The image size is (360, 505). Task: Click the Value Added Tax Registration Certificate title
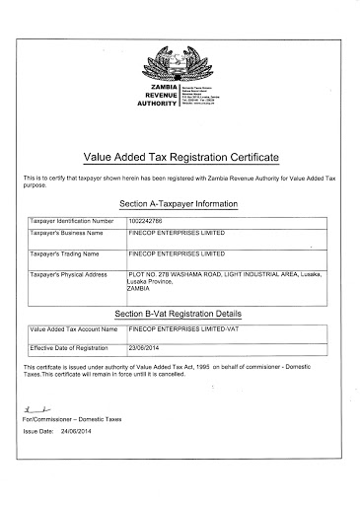pyautogui.click(x=180, y=157)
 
